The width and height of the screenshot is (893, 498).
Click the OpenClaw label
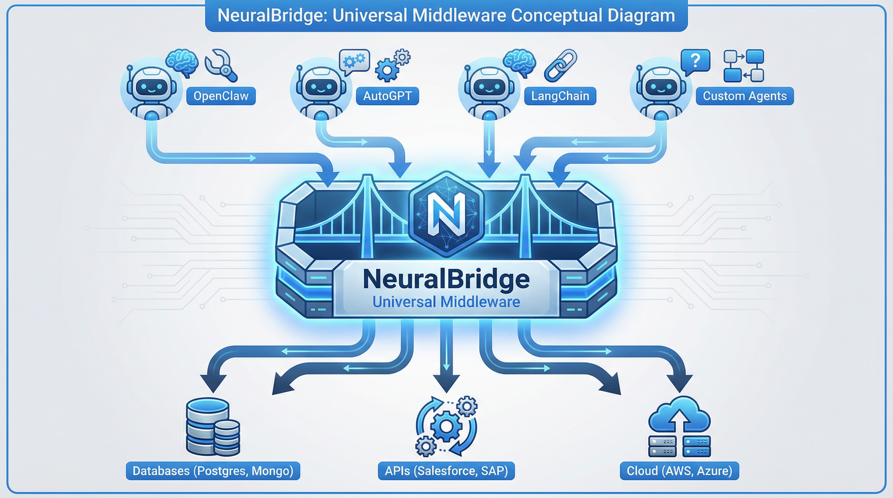pos(221,96)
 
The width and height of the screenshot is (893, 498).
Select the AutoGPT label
pos(387,96)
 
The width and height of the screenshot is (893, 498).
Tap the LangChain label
pos(560,96)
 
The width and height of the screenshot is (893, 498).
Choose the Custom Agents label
pos(745,96)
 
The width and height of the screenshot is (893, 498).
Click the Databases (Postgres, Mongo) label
pos(213,471)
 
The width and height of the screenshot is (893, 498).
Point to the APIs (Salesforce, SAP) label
pos(446,471)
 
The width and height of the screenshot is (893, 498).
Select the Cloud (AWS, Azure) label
pos(679,471)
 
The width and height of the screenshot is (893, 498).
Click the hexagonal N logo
pos(446,214)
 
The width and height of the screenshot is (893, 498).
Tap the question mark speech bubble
pos(695,61)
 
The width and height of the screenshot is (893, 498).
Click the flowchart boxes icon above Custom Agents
pos(744,66)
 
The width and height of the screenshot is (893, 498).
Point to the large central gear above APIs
pos(446,426)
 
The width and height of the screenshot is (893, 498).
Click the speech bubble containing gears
pos(354,61)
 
